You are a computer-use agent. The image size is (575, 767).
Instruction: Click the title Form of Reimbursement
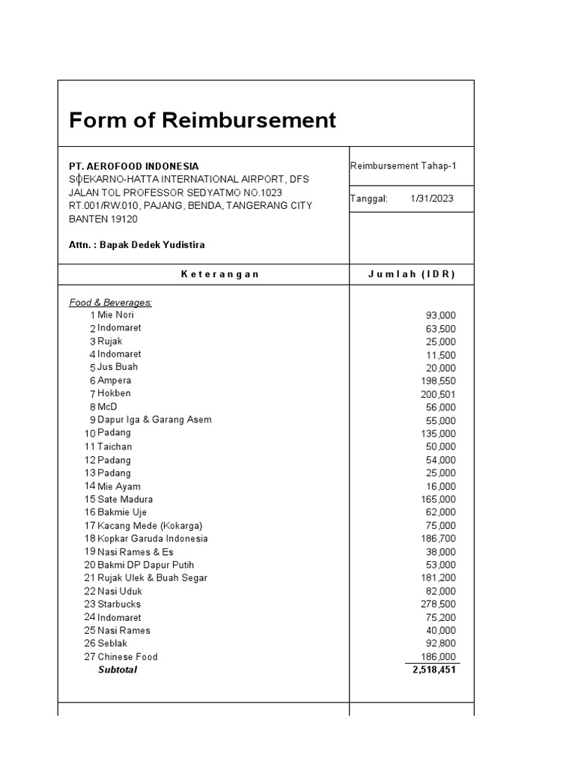(202, 120)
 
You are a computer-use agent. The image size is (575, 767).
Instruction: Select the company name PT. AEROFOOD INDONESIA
(134, 166)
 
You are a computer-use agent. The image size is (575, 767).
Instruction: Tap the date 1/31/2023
(431, 198)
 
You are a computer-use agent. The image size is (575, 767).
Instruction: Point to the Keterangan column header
(220, 274)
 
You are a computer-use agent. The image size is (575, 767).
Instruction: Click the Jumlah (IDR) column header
(411, 274)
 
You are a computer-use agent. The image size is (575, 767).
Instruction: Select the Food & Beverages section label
(110, 302)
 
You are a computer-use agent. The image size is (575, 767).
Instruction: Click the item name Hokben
(114, 393)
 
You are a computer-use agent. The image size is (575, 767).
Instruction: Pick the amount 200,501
(438, 394)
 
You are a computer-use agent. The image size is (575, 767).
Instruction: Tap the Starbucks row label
(119, 604)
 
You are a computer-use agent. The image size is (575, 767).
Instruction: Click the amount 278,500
(438, 604)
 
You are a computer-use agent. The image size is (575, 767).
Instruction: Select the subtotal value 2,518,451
(433, 670)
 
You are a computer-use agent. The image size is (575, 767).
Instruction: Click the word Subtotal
(118, 670)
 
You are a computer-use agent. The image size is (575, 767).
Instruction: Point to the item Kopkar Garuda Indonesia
(153, 539)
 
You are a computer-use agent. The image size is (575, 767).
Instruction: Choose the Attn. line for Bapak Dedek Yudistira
(137, 245)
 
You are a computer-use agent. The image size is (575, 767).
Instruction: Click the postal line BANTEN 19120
(103, 219)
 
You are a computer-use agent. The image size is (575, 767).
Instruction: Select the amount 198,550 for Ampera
(438, 381)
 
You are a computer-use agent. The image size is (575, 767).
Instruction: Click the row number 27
(90, 657)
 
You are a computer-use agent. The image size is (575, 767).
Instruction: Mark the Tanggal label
(368, 198)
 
